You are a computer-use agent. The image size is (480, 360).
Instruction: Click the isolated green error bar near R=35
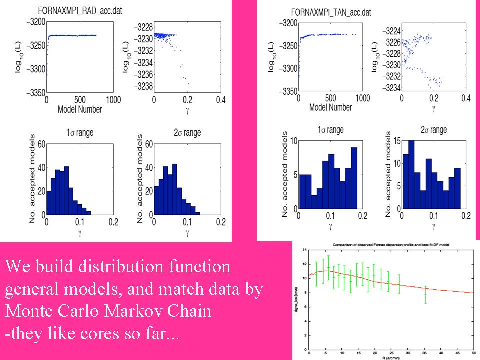425,295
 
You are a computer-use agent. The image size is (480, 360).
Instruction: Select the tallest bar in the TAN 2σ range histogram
411,175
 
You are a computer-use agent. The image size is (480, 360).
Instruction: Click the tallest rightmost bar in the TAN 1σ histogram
354,178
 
